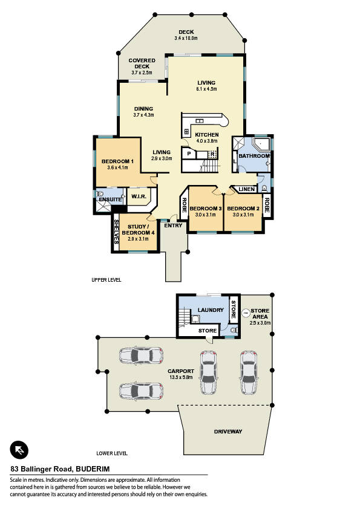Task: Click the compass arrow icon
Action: (19, 450)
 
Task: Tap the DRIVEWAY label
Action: (228, 432)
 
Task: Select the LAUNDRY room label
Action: (211, 310)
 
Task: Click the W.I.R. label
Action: (139, 196)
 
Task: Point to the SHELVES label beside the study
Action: (116, 232)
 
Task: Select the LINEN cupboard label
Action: (247, 189)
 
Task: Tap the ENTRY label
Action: (173, 225)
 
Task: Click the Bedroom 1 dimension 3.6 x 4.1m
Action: (117, 167)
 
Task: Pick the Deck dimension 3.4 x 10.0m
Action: (186, 38)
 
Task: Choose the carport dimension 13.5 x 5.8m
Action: (181, 377)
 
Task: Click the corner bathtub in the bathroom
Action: (261, 144)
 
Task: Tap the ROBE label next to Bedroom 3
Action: (184, 206)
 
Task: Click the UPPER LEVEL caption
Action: (106, 279)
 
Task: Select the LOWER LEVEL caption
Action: (112, 453)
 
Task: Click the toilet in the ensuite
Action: (100, 194)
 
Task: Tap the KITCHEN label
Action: (207, 135)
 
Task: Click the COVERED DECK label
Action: (142, 63)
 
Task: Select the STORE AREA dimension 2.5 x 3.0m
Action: (260, 323)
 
